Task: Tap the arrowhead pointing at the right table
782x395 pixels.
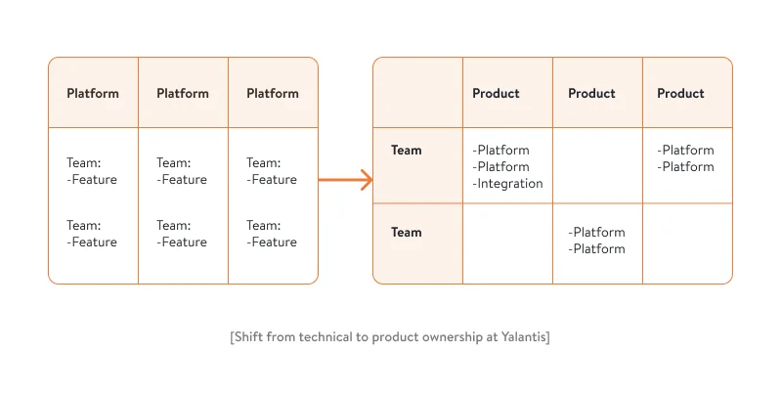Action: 368,180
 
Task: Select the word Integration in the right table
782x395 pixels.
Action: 507,184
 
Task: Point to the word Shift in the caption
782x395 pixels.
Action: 248,337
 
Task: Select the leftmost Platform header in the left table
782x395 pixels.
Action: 93,94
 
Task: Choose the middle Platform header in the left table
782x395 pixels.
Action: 183,94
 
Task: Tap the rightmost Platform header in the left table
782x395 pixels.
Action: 273,94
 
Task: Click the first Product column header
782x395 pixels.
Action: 496,94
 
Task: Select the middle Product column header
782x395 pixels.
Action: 591,94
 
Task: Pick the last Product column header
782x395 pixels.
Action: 680,94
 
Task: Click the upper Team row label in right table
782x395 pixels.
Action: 407,151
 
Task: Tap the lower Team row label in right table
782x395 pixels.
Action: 407,233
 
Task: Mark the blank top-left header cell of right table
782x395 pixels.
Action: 417,93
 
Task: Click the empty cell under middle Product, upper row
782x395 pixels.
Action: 597,165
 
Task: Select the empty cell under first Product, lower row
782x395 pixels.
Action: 507,243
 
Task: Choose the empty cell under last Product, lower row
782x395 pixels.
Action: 687,243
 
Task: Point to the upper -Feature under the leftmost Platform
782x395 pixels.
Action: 92,180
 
